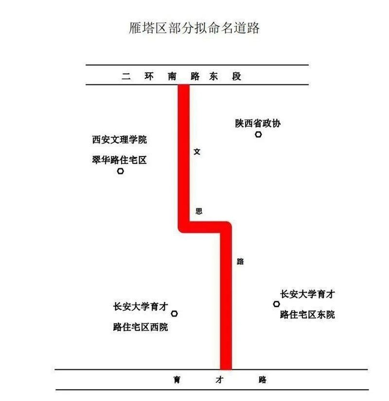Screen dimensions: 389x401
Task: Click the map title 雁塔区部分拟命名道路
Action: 194,28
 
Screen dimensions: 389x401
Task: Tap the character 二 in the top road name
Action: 126,77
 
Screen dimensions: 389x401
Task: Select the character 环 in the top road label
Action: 148,77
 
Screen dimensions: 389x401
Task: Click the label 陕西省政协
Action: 257,123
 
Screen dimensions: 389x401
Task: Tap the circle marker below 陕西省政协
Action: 258,134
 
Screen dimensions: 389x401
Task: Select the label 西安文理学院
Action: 119,139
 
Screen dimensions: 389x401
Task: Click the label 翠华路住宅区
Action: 119,160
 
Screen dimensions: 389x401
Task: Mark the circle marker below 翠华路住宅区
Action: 121,172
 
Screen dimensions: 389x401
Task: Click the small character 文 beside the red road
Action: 197,151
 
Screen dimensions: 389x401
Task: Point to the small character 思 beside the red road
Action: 198,211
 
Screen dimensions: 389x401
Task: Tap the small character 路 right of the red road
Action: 240,261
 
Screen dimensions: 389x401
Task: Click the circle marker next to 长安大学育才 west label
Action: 174,314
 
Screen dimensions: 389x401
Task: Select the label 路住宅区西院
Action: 140,327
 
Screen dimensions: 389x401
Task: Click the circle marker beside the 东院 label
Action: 276,304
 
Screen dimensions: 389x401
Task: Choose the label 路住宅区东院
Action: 307,315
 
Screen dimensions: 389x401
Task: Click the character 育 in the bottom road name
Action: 177,380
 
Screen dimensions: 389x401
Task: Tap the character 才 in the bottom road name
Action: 218,380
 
